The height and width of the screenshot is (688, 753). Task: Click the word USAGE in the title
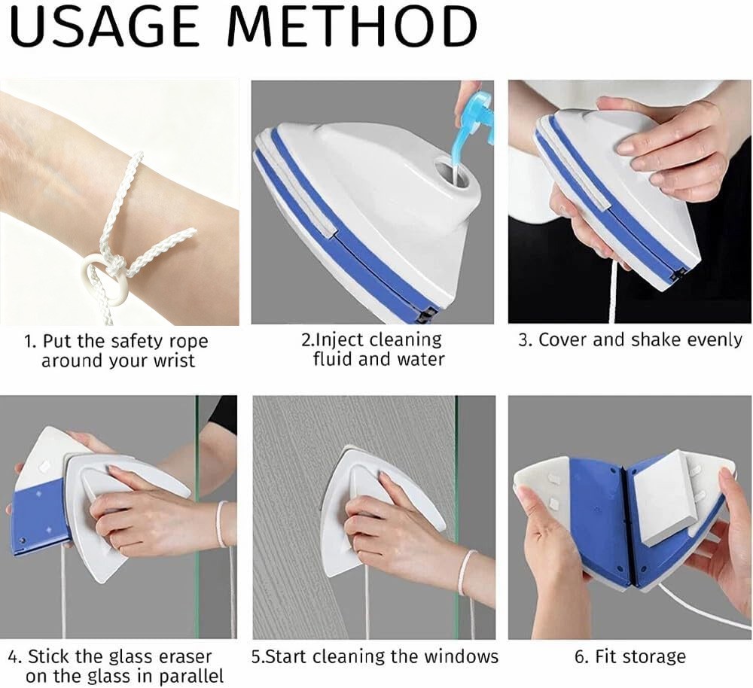104,26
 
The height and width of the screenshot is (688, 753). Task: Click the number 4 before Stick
13,656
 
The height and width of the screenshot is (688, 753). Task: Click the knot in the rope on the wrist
117,264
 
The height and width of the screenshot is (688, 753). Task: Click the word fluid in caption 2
334,359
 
